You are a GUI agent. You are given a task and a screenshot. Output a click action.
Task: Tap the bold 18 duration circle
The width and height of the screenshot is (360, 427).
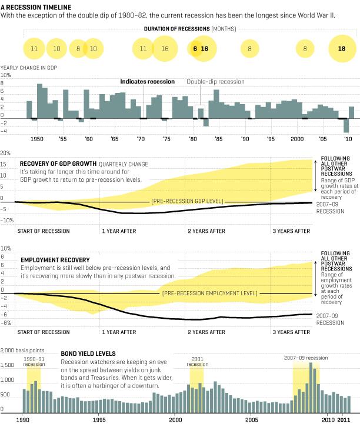(x=341, y=49)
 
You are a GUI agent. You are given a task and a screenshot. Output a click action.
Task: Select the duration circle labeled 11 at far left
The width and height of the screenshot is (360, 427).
(x=34, y=49)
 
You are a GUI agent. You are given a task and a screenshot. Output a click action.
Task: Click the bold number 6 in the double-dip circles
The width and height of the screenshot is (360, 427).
(x=194, y=49)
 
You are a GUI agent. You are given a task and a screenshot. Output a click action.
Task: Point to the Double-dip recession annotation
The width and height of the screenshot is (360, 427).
(x=215, y=82)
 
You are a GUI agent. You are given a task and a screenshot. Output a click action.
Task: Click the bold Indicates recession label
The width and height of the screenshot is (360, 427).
(x=147, y=82)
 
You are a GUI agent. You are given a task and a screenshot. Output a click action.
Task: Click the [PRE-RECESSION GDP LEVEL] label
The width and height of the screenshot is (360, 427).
(x=187, y=201)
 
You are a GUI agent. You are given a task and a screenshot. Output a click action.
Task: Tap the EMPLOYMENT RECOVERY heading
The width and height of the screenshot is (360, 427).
(x=55, y=259)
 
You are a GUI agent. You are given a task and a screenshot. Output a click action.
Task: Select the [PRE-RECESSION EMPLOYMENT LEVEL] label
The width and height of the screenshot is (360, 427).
(x=208, y=292)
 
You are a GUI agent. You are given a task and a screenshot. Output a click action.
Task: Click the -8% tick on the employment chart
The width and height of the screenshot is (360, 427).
(x=7, y=323)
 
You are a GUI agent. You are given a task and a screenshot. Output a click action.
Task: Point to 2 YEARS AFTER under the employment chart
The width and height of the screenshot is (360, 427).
(x=206, y=332)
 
